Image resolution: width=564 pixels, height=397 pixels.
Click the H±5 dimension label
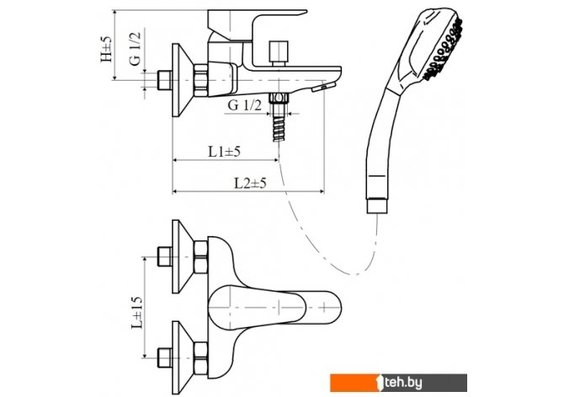click(106, 47)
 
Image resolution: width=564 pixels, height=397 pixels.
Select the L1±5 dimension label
click(225, 152)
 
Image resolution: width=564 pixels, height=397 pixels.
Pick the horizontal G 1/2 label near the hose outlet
click(244, 104)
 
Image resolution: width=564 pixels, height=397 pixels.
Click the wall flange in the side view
click(178, 77)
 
